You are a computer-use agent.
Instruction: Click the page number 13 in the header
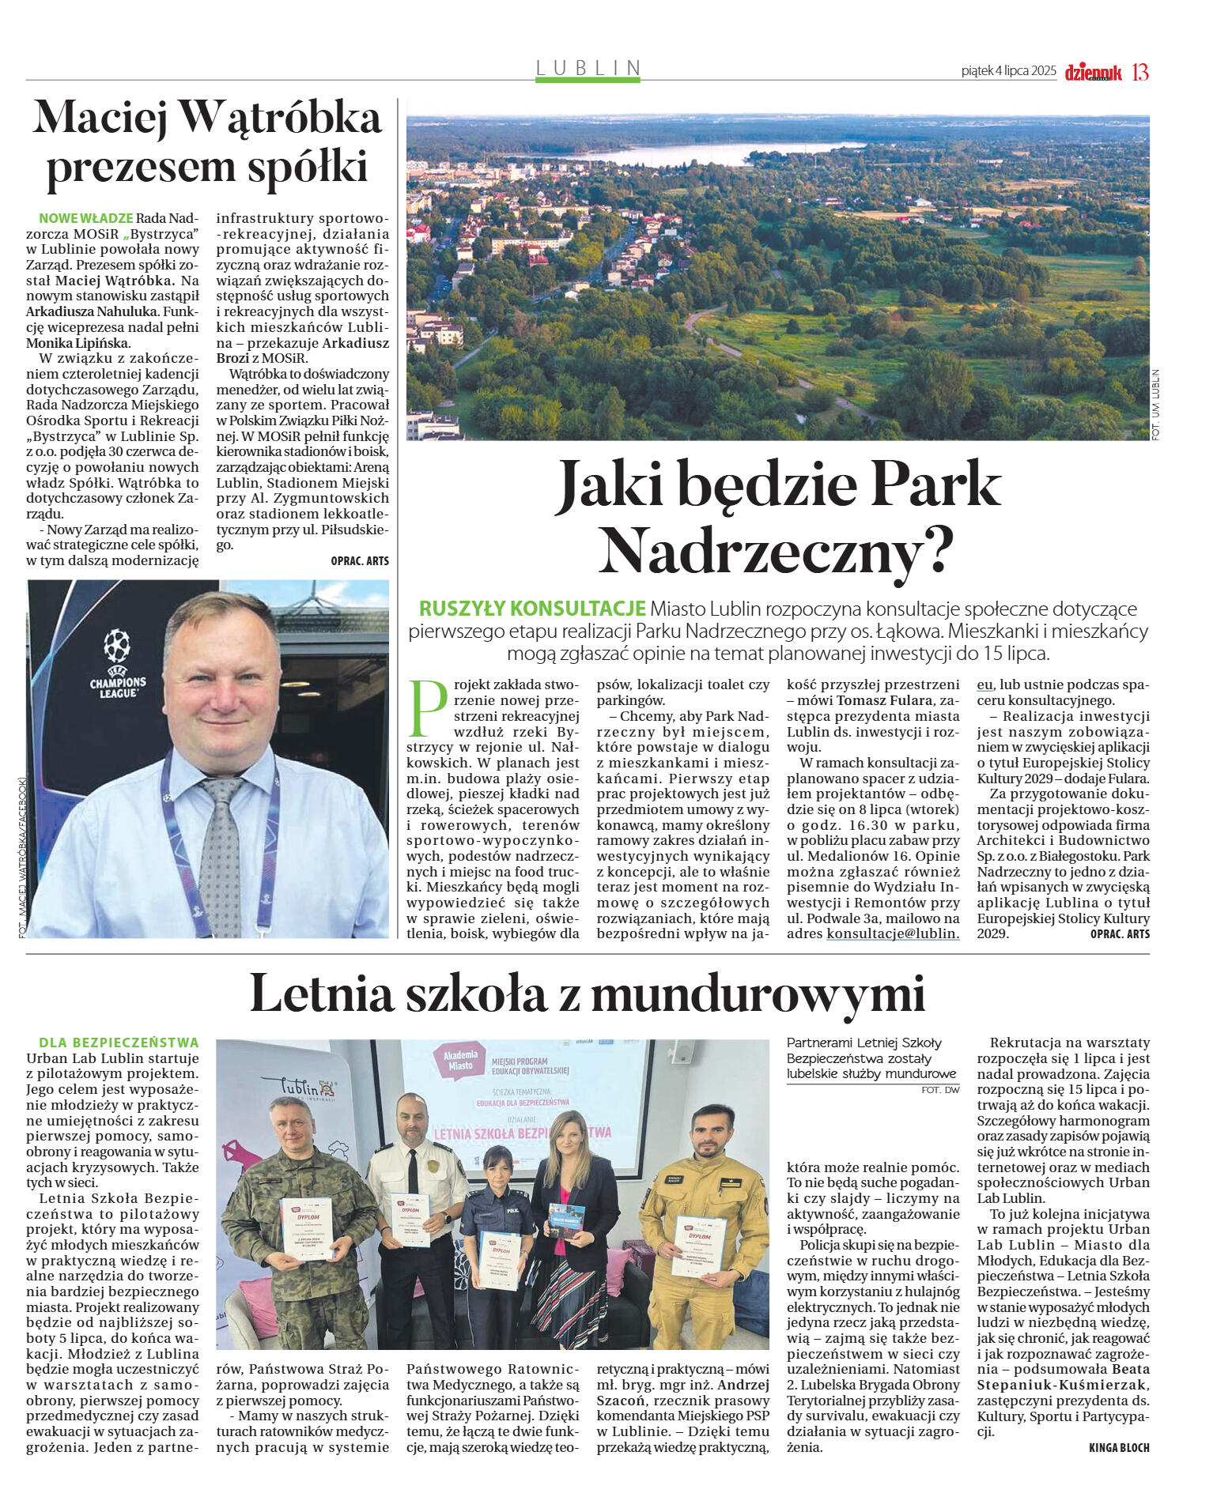[x=1139, y=72]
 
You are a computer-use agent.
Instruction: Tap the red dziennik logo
[x=1093, y=73]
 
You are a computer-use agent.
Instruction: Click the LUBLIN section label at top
[x=588, y=68]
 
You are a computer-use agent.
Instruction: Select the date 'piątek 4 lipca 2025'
[x=1008, y=71]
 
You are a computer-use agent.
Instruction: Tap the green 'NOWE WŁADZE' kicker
[x=85, y=218]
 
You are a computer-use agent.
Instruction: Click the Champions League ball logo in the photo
[x=117, y=646]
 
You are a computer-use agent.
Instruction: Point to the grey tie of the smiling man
[x=221, y=846]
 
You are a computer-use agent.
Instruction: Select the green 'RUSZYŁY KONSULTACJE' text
[x=532, y=609]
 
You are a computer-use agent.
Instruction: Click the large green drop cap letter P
[x=427, y=707]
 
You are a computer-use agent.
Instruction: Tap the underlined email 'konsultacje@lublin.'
[x=893, y=933]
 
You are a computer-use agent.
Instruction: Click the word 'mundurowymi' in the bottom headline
[x=758, y=994]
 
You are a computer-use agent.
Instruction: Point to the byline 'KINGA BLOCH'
[x=1118, y=1448]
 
